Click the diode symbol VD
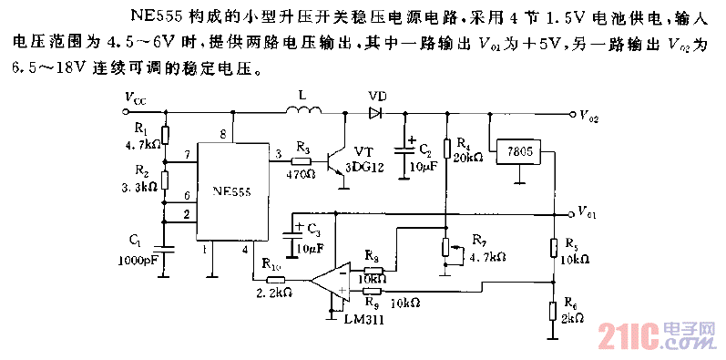(375, 114)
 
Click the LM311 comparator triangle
(329, 281)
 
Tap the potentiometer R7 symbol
(445, 247)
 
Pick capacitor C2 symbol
(404, 150)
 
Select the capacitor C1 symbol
(164, 244)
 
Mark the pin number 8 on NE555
(222, 134)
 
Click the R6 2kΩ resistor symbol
(553, 310)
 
